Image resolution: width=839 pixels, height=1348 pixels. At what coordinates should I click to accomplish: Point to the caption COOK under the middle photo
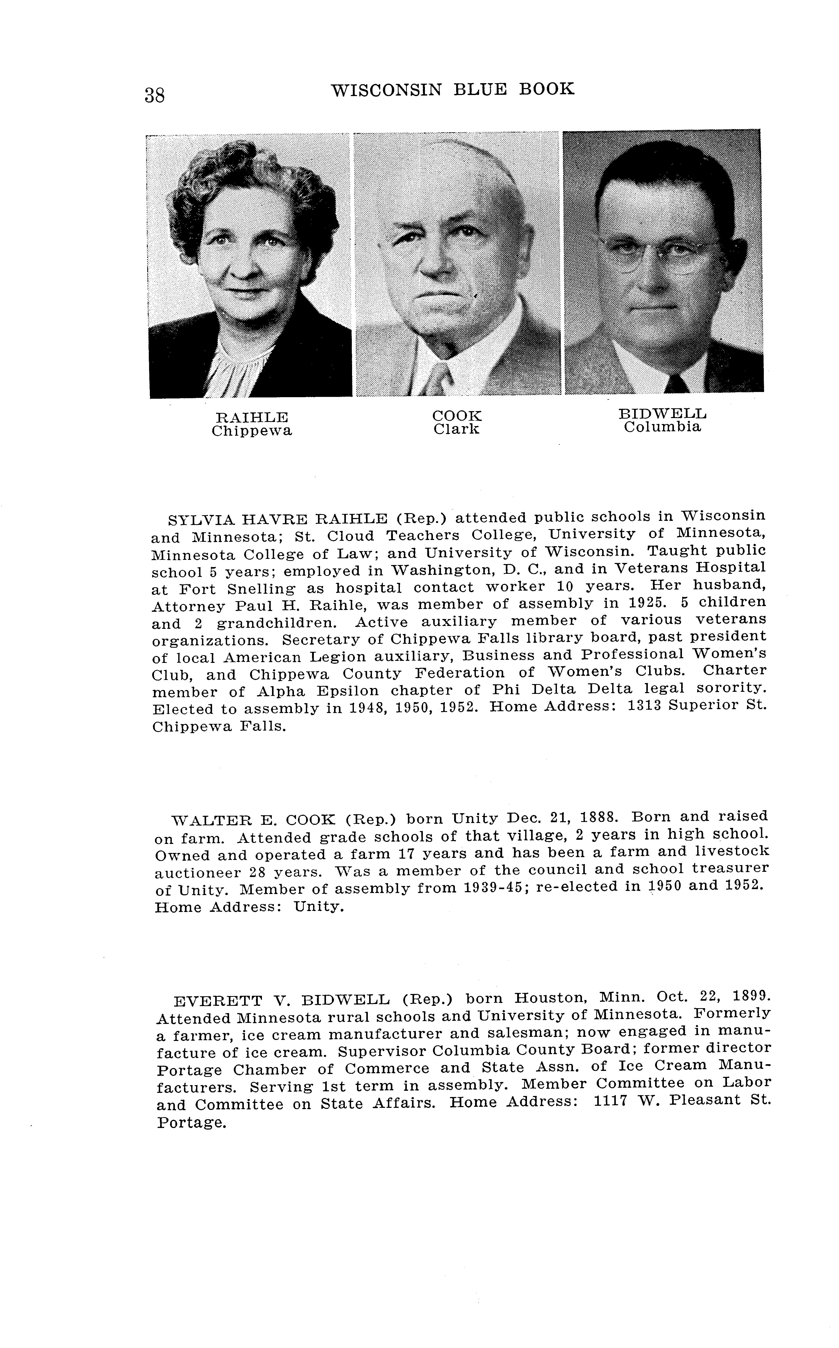pos(457,416)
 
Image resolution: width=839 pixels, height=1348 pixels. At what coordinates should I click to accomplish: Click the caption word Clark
pos(457,429)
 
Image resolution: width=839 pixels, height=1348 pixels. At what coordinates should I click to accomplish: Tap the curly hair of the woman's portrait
pos(250,177)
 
